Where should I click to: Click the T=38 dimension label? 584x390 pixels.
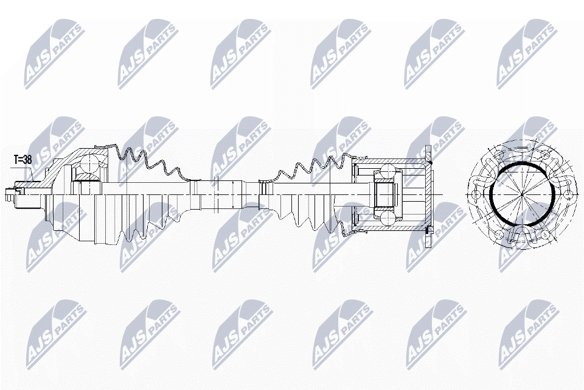[23, 160]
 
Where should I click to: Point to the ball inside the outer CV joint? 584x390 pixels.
[90, 163]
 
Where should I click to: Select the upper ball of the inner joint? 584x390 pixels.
[388, 171]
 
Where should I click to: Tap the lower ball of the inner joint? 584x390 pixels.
[388, 218]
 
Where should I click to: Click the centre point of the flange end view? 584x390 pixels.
[522, 194]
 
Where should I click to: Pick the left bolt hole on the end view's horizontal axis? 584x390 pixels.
[476, 194]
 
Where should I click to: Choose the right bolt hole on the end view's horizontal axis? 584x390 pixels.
[568, 194]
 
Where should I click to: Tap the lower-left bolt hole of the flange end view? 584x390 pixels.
[499, 235]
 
